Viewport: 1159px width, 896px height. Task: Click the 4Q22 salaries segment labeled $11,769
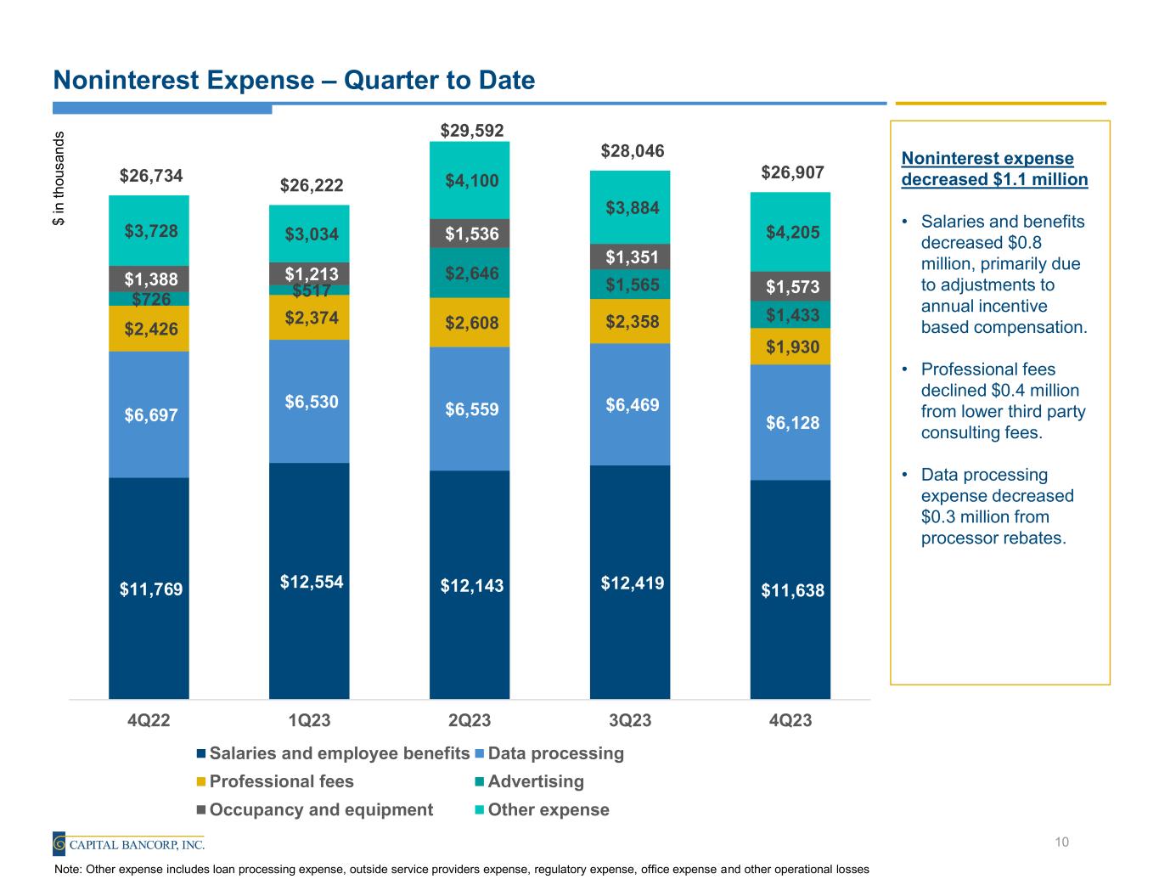coord(149,589)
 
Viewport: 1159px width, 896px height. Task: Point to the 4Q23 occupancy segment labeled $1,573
coord(790,287)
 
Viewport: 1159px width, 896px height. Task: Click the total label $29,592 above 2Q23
coord(471,130)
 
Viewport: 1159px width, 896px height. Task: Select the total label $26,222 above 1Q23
coord(312,185)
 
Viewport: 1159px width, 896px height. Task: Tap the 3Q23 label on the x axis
coord(630,721)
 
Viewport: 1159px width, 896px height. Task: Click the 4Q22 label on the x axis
coord(149,721)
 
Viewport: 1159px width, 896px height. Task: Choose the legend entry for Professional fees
coord(281,781)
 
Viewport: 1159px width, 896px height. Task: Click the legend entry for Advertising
coord(536,781)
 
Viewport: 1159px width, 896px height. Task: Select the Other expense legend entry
coord(549,809)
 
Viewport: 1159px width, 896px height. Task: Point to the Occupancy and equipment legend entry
coord(321,809)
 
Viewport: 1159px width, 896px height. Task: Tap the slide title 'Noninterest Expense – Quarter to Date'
coord(294,81)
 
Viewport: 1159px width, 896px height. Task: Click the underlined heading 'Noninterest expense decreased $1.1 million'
coord(994,169)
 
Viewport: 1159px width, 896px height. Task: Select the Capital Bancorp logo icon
coord(59,843)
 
